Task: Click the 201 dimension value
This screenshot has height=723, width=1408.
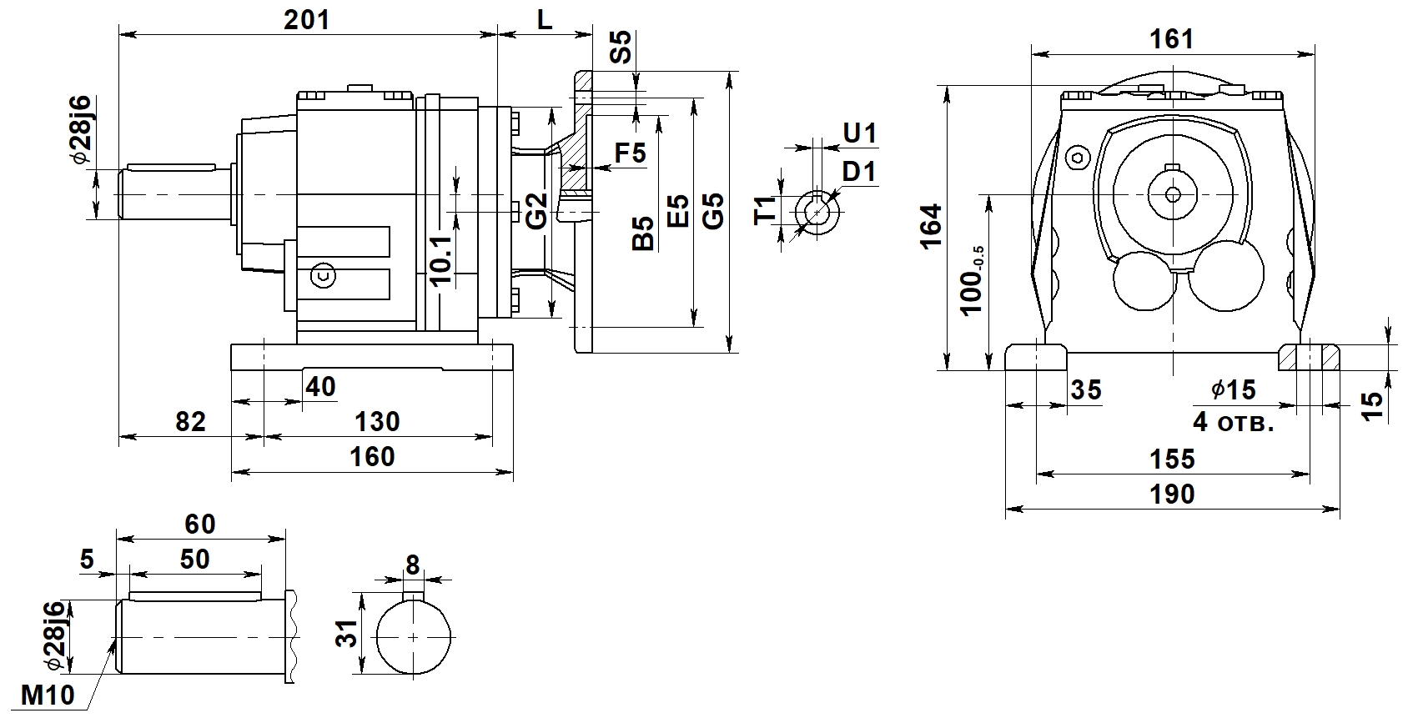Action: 306,20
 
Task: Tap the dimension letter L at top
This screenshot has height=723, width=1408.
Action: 545,20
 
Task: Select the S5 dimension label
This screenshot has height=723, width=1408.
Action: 621,47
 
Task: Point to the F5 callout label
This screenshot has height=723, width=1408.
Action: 631,153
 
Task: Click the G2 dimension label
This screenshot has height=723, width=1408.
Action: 537,211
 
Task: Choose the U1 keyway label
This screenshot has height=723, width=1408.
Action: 859,133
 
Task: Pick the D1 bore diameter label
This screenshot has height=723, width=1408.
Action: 859,172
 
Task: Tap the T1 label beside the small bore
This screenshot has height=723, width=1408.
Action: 765,210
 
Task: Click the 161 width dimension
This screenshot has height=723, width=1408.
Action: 1172,39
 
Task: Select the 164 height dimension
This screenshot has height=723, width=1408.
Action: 931,227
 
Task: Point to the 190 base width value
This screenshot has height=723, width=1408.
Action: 1172,495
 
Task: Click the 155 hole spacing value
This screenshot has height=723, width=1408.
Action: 1172,459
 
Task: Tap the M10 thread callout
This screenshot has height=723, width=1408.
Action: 48,695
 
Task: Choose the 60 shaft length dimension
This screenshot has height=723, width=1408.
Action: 200,524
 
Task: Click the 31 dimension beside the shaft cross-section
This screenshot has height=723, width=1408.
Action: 347,633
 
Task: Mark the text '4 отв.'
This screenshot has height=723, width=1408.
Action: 1234,422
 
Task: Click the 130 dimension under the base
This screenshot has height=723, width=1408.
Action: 377,421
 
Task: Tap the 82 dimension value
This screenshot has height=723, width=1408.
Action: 190,421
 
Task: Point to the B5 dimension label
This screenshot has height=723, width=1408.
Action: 643,233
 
